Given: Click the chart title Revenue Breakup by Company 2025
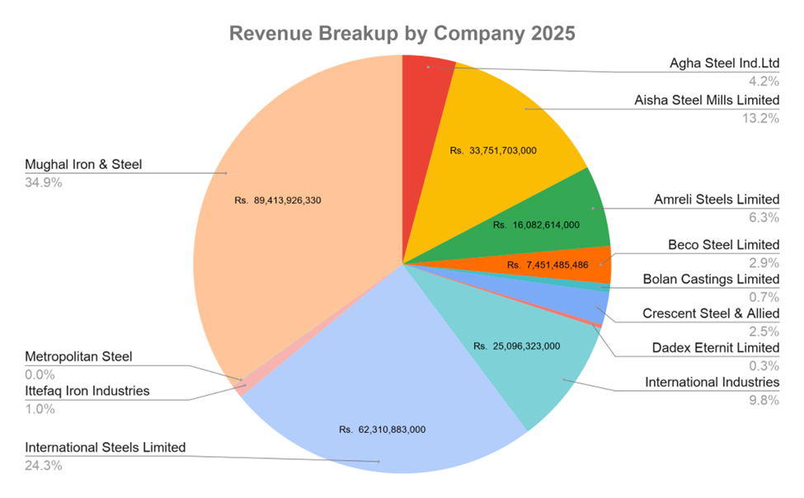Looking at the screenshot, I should click(402, 34).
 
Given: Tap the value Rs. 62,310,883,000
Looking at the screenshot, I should click(382, 430).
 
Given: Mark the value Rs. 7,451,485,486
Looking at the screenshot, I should click(559, 265).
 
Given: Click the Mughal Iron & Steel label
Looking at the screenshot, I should click(83, 164).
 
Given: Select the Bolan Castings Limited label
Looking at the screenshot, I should click(711, 279).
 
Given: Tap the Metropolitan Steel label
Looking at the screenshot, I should click(78, 357).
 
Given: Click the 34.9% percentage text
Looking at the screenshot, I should click(44, 181).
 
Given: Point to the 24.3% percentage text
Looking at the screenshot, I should click(44, 465).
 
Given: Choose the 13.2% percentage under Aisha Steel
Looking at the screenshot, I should click(763, 117).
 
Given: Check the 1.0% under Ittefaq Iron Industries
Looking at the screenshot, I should click(40, 408).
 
